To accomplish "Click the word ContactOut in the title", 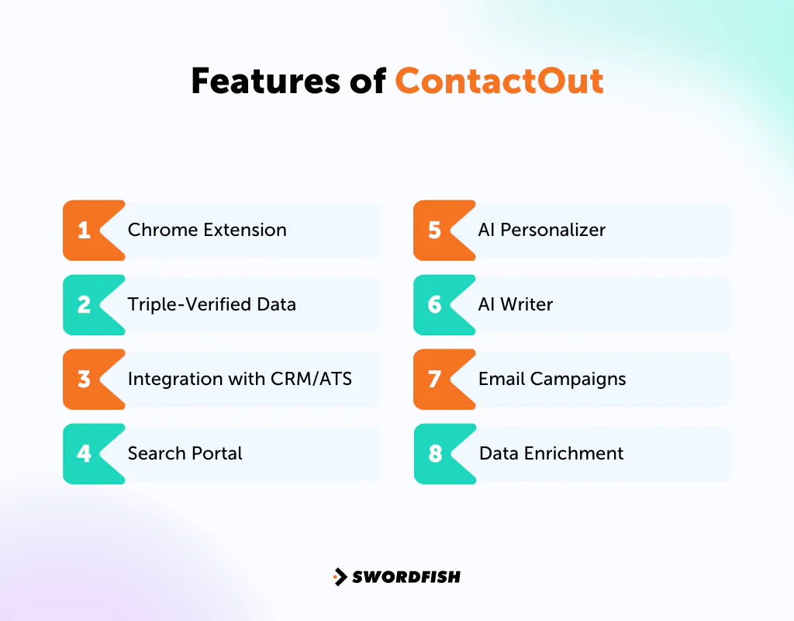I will coord(499,82).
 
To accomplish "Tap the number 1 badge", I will coord(84,231).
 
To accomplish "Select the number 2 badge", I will coord(84,305).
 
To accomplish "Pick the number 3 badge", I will coord(84,380).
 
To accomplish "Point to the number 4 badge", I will coord(84,453).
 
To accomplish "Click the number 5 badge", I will coord(434,231).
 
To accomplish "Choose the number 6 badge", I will coord(434,305).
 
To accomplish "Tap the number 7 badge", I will coord(434,380).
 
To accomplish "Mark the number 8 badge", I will coord(434,453).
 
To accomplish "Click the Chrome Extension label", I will coord(207,230).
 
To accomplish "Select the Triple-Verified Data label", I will coord(212,304).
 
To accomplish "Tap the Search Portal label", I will coord(185,453).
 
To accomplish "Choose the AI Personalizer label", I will coord(541,230).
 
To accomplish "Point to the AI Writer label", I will coord(515,304).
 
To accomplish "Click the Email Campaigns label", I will coord(551,379).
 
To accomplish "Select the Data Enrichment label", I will coord(551,453).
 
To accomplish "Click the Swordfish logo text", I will coord(406,577).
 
